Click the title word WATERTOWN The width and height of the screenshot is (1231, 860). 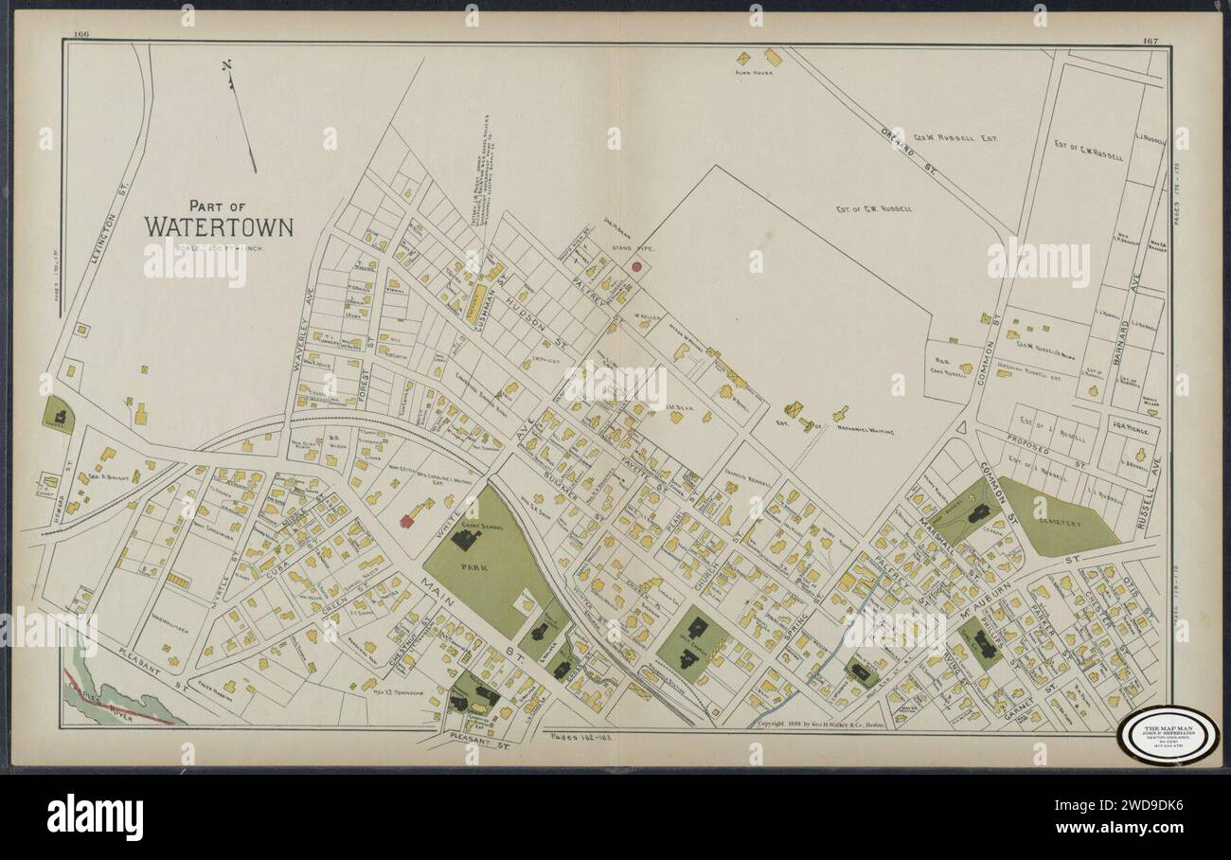(219, 227)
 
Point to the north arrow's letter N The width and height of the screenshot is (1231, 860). (226, 66)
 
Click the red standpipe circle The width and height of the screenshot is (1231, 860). (637, 268)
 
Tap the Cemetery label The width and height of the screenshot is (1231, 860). (1057, 521)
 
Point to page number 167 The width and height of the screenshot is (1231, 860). (1150, 40)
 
